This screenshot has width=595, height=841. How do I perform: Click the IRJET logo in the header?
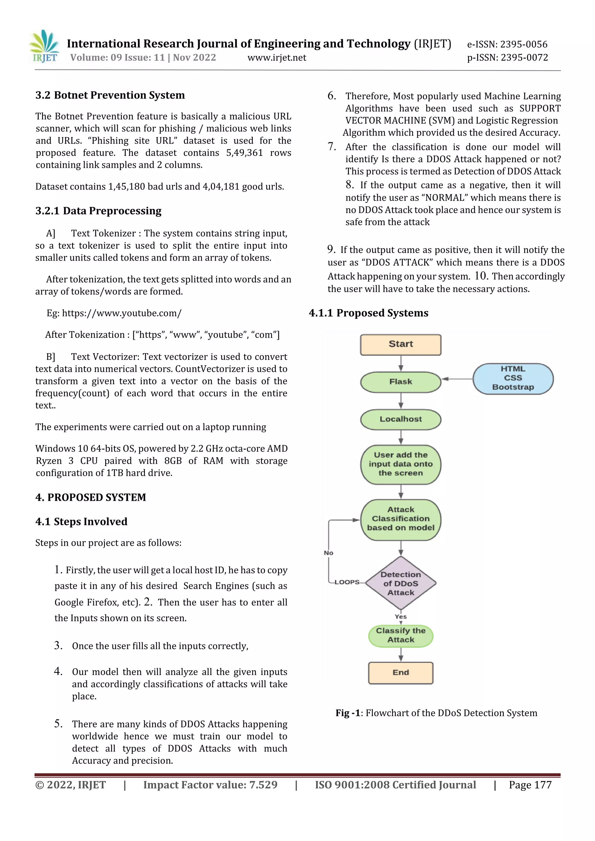44,46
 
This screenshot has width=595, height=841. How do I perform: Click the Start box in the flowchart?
400,344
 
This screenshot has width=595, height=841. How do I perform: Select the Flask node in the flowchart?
400,382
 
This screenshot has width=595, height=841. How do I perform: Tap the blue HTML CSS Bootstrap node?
512,378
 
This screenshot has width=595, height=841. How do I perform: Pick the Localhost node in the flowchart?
400,419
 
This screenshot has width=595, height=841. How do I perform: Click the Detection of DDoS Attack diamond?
400,583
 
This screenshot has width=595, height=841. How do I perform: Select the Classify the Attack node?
400,635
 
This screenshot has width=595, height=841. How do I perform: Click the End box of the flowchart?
400,673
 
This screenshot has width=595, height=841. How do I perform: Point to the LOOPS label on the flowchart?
346,582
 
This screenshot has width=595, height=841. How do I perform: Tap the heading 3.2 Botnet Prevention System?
110,95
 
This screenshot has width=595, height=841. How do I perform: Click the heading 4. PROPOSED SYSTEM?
91,497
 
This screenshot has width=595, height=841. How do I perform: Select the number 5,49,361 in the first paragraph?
245,153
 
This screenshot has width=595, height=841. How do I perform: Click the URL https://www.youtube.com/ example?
121,313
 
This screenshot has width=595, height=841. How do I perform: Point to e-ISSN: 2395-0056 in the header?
507,44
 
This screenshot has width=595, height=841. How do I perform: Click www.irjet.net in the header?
277,57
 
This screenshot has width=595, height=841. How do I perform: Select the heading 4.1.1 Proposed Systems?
368,313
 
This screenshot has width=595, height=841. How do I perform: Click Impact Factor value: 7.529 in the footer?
210,785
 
